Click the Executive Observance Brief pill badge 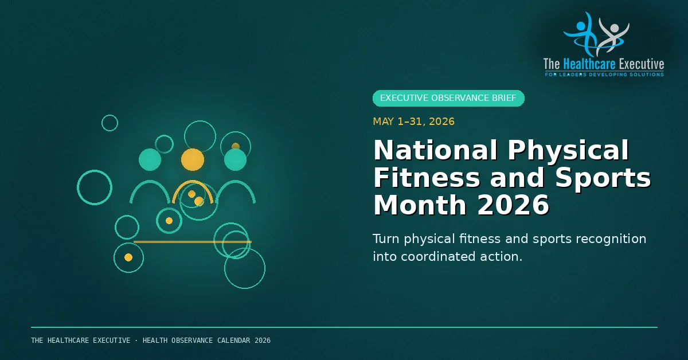tap(448, 98)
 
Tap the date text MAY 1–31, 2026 tap(413, 122)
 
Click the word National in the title tap(435, 150)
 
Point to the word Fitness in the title tap(427, 178)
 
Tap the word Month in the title tap(420, 205)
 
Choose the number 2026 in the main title tap(513, 205)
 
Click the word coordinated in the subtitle tap(438, 256)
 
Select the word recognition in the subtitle tap(611, 239)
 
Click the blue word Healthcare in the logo tap(589, 64)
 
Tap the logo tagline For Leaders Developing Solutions tap(604, 75)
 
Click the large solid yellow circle tap(193, 160)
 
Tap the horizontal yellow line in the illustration tap(193, 242)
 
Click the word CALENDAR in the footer tap(234, 341)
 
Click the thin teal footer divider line tap(345, 327)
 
